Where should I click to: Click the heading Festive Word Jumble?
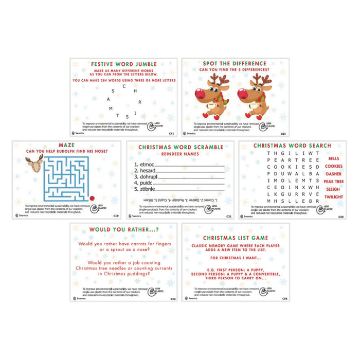click(123, 65)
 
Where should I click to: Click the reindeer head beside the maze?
click(34, 164)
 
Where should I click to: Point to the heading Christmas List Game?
click(235, 238)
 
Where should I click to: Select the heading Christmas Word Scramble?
click(179, 147)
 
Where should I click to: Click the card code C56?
click(283, 298)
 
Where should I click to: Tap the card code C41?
click(171, 134)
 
